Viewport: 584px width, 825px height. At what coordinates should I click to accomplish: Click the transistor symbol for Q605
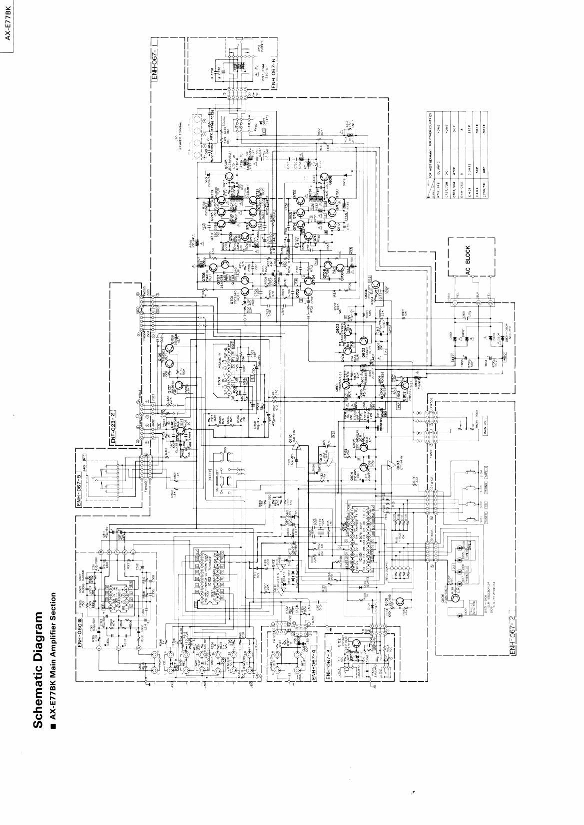point(229,178)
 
